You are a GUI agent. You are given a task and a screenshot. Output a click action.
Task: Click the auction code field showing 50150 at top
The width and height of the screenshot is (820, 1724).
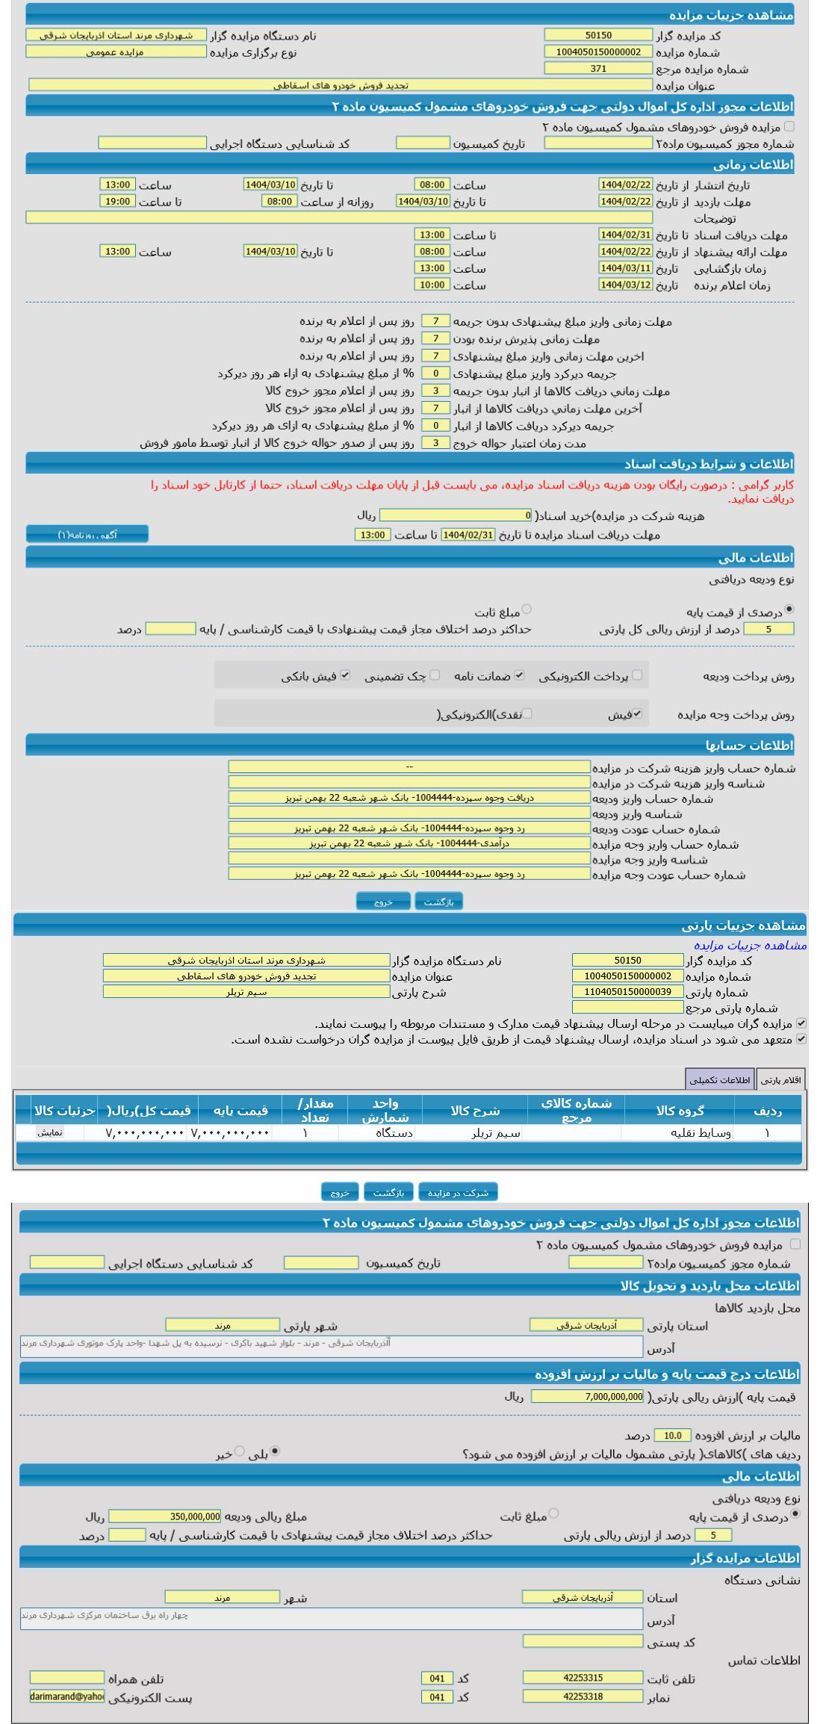[598, 35]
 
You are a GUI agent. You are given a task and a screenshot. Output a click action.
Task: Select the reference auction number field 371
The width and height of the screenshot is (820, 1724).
[598, 69]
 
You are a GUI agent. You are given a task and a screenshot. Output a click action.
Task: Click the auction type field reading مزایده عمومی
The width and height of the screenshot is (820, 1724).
[116, 52]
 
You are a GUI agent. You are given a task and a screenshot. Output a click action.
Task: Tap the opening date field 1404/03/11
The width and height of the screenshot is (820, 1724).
[626, 268]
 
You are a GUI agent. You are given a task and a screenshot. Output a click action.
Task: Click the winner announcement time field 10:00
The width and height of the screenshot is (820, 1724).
[432, 285]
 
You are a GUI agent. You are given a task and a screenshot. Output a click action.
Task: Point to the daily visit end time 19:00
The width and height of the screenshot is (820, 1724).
[117, 201]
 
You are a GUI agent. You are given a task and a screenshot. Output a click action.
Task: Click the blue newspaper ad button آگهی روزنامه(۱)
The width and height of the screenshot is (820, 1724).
[87, 535]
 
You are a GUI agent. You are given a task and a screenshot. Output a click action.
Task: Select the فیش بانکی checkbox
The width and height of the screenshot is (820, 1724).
[345, 675]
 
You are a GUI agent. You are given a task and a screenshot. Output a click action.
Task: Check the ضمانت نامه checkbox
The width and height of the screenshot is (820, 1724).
[520, 675]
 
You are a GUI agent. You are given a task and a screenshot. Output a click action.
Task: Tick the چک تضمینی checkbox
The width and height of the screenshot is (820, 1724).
[435, 675]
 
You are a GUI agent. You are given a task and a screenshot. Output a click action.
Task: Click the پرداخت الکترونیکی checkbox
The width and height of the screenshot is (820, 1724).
[637, 675]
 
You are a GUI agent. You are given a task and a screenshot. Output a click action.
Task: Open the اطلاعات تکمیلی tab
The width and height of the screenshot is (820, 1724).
[720, 1080]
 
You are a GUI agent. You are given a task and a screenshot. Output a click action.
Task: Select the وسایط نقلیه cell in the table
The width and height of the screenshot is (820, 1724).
[680, 1133]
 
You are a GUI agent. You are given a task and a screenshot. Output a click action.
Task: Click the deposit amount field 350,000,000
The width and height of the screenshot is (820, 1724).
[165, 1516]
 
